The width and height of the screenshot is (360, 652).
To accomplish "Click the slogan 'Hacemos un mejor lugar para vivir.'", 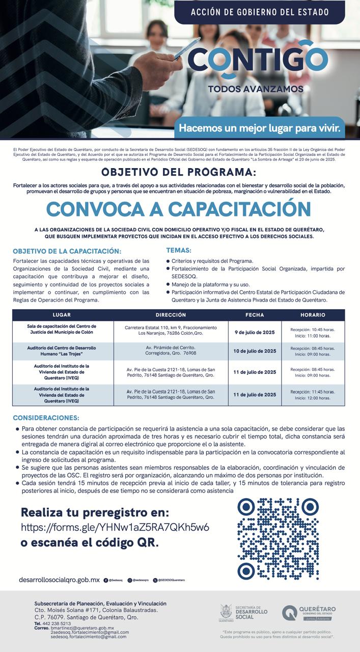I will point(259,127).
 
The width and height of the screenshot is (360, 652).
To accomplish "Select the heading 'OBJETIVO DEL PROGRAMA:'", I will point(179,172).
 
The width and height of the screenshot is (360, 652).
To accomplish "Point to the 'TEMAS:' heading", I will point(179,250).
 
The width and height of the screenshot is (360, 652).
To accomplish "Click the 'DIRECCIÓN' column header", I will point(171,315).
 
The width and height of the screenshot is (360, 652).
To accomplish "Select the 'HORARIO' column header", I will point(313,315).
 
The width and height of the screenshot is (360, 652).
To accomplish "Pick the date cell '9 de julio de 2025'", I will point(255,332).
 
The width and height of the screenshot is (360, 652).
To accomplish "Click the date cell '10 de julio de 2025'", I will point(255,351).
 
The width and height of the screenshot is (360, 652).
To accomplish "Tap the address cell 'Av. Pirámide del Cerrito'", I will point(171,350).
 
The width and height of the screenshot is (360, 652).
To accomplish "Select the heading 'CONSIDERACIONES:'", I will point(46,418).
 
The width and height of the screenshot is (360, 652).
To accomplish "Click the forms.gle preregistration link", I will point(115,527).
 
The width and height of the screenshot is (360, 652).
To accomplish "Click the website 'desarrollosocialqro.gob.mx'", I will point(59,580).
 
